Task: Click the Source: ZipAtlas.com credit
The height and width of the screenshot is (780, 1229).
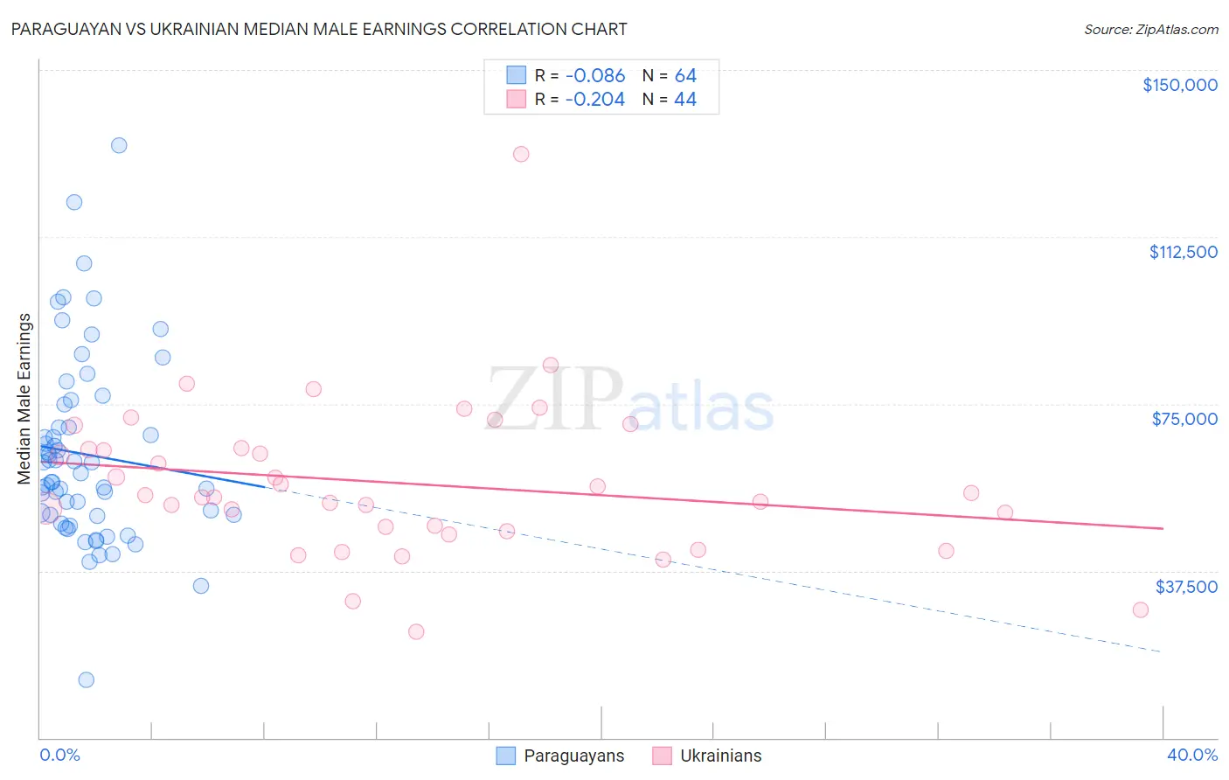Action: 1150,30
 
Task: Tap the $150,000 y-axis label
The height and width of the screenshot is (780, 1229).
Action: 1179,85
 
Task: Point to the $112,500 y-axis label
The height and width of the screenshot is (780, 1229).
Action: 1183,252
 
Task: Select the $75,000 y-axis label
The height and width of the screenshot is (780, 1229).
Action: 1184,419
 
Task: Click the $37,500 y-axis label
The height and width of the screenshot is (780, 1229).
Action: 1185,587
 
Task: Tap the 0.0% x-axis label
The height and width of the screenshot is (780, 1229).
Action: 59,755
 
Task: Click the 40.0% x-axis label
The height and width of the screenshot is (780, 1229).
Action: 1191,755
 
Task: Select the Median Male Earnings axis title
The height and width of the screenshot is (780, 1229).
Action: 24,399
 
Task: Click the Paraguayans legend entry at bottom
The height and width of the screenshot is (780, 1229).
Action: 573,756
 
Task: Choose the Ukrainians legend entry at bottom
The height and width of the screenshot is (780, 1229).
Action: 720,756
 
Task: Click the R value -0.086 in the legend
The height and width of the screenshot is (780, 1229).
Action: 595,76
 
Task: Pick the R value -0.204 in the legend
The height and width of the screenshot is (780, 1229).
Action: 595,100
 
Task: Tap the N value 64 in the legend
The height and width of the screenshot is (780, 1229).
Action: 685,76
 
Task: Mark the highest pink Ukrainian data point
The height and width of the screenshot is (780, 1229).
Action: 521,154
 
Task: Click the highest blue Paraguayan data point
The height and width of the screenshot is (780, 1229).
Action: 119,145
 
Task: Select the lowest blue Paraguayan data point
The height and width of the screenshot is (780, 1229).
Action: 87,679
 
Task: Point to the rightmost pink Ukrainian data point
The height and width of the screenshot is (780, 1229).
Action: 1140,609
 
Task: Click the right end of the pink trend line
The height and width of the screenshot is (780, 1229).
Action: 1163,528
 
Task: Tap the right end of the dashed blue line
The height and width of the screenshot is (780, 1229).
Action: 1161,651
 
